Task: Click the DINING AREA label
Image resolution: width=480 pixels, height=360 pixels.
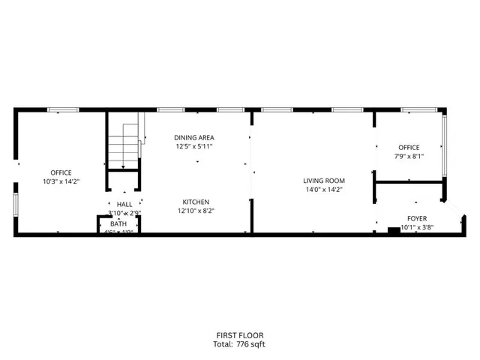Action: tap(194, 137)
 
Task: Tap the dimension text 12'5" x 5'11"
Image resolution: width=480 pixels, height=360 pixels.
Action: tap(194, 147)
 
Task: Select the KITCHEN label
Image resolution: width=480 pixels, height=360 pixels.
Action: tap(194, 201)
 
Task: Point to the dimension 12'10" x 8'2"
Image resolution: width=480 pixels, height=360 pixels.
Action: tap(194, 211)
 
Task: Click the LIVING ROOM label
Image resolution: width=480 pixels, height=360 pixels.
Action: tap(323, 180)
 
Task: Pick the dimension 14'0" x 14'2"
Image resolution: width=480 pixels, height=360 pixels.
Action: tap(323, 190)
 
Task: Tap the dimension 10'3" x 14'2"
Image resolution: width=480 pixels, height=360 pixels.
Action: tap(61, 182)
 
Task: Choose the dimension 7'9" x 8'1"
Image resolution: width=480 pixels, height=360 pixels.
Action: tap(409, 157)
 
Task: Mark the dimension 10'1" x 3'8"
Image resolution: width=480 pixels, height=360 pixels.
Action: tap(416, 227)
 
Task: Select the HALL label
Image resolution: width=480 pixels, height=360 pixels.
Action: tap(124, 204)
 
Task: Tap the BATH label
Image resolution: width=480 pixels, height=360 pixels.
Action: tap(118, 223)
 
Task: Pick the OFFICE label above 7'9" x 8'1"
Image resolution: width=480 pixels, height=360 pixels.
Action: tap(409, 147)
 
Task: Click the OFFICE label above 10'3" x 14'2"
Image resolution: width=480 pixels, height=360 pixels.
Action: tap(61, 172)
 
